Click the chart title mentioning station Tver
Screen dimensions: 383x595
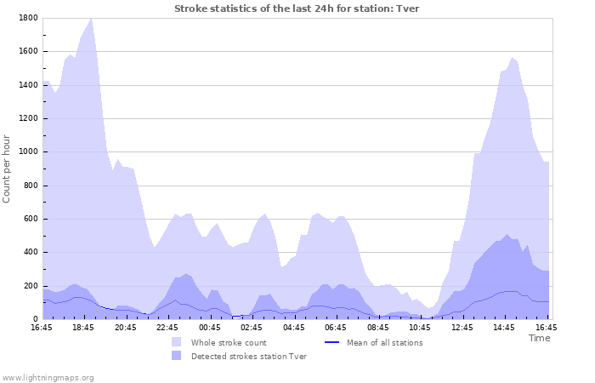pos(297,9)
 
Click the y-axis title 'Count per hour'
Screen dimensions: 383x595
pos(8,169)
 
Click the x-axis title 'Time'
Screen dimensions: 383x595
pos(539,338)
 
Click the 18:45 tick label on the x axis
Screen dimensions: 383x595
pos(84,327)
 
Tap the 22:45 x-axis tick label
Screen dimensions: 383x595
pos(167,327)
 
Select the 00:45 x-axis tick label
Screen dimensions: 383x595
pos(210,327)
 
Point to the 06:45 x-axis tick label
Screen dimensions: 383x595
pos(336,327)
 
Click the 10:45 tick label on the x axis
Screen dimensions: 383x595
pos(420,327)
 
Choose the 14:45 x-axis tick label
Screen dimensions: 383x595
pos(504,327)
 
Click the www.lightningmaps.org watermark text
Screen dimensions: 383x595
pos(48,377)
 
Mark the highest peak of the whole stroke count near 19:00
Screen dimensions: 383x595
pos(91,18)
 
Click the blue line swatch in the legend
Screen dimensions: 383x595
pos(332,342)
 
